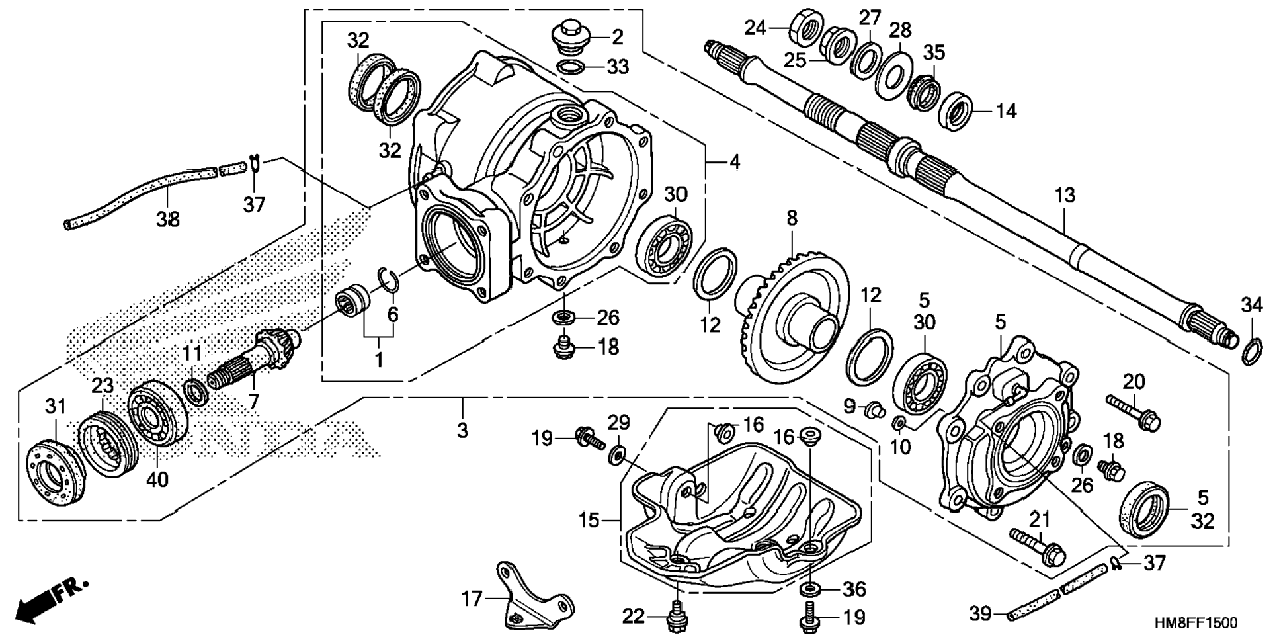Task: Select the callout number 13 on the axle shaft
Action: tap(1065, 195)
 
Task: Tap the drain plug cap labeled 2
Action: tap(569, 36)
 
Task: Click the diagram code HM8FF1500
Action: tap(1196, 623)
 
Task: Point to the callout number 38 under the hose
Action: tap(168, 218)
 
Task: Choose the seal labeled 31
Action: tap(56, 468)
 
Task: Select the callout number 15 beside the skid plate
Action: tap(589, 520)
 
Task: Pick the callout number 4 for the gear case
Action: tap(735, 161)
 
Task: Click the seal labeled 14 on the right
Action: tap(958, 111)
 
